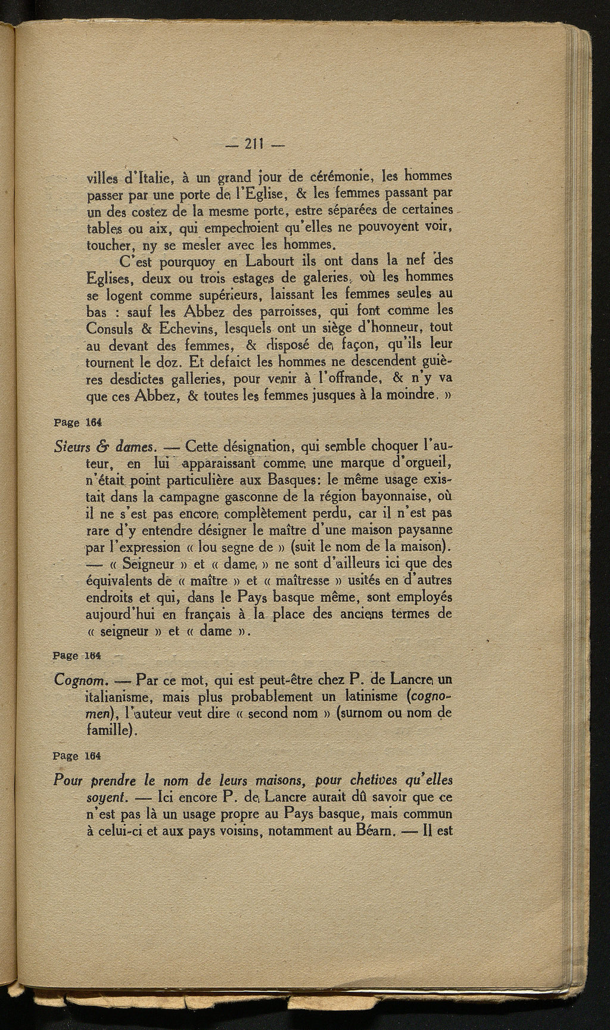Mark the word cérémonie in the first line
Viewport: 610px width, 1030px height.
[346, 177]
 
